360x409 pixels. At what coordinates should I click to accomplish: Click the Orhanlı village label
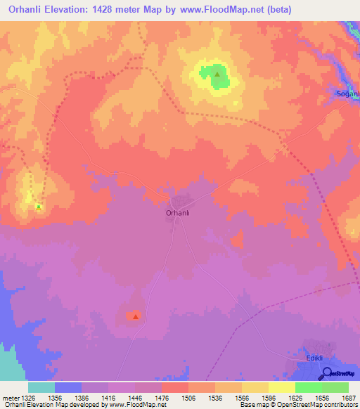178,212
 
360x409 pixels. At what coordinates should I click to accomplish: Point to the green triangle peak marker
217,74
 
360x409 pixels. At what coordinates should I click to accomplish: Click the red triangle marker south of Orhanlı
136,316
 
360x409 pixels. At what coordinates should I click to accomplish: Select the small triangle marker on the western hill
39,207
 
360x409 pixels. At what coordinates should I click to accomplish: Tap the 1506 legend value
188,398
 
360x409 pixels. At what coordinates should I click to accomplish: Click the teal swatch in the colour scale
41,387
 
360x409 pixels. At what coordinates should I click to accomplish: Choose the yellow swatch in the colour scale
281,387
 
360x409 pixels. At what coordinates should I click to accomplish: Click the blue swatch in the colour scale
67,387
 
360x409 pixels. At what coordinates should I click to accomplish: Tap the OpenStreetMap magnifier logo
325,373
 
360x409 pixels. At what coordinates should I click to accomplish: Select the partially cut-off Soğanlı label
347,93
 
